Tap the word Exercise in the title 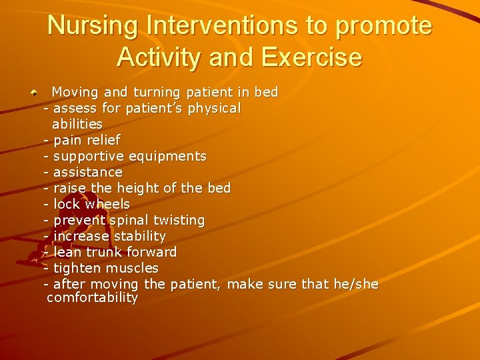pyautogui.click(x=311, y=57)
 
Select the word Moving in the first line pyautogui.click(x=75, y=92)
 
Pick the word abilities pyautogui.click(x=77, y=124)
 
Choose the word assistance pyautogui.click(x=88, y=172)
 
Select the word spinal pyautogui.click(x=129, y=220)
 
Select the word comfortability pyautogui.click(x=92, y=298)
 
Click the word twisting pyautogui.click(x=179, y=220)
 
